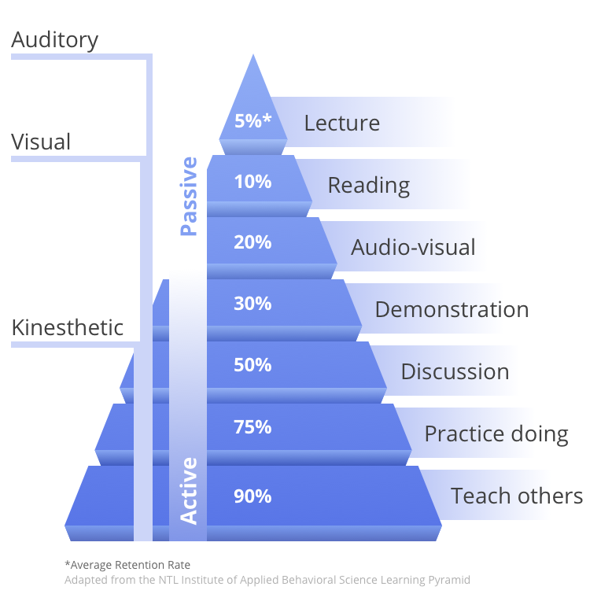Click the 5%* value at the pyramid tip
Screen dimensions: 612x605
pos(253,120)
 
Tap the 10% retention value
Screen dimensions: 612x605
pos(253,182)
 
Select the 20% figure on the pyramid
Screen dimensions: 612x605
pos(253,242)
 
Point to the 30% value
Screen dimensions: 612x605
pos(253,303)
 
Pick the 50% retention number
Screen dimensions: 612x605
pos(253,365)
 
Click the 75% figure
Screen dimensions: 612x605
pos(253,427)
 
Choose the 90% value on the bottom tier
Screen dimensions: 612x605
pos(253,496)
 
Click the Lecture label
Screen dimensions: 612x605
pos(342,123)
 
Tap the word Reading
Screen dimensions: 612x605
pos(369,186)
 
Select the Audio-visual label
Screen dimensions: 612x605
pos(413,247)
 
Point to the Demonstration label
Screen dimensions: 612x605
pos(452,309)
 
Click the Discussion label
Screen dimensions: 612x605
pos(455,371)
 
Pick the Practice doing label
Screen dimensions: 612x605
pos(496,434)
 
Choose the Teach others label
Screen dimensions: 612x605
pos(517,496)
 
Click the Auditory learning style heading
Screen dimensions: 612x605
pos(54,41)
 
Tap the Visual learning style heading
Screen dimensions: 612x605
pos(41,142)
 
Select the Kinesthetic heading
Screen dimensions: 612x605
pos(68,327)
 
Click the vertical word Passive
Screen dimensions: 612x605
pos(189,197)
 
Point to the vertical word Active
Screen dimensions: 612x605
pos(189,491)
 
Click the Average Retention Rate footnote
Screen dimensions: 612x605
pos(127,565)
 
